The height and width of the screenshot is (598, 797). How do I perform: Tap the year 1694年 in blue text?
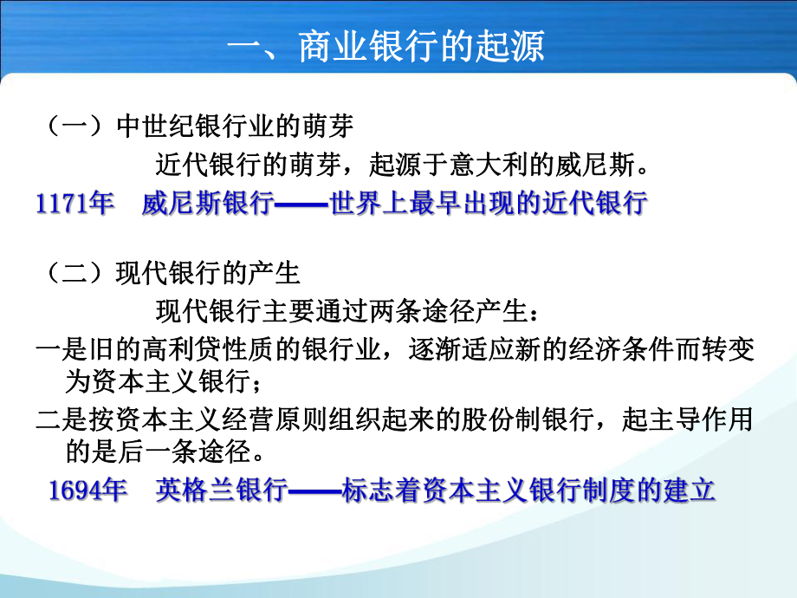tap(87, 491)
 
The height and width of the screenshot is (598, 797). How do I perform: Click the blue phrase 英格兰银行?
tap(221, 491)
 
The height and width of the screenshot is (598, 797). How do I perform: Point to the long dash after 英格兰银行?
tap(314, 491)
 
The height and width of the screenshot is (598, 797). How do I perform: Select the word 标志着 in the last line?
tap(379, 491)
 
